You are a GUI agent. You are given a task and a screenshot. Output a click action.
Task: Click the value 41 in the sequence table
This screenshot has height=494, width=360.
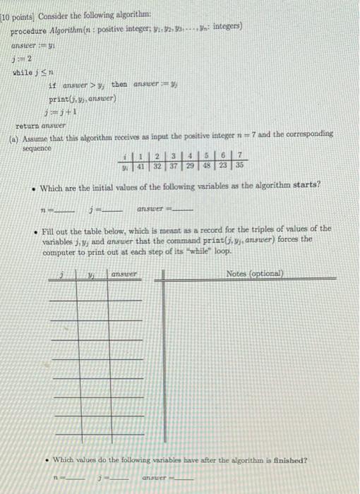(x=140, y=167)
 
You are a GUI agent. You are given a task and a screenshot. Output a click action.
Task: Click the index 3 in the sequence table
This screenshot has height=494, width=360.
(x=174, y=158)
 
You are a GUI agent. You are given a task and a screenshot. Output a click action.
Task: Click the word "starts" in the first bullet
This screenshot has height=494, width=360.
(x=306, y=185)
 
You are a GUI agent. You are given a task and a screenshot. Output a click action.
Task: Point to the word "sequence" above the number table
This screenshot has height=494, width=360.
(x=32, y=141)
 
